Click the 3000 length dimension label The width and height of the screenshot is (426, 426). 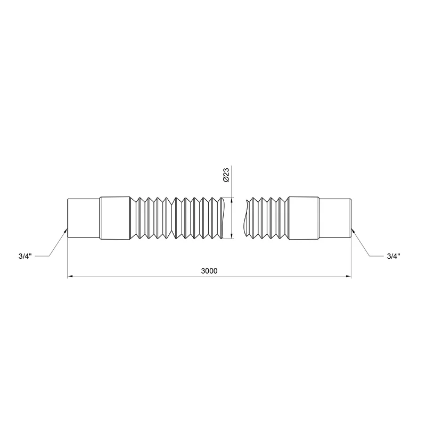click(209, 271)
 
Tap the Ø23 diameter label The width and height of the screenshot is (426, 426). click(226, 175)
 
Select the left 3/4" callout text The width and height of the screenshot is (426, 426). click(25, 256)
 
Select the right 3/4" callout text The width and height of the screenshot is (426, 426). click(394, 256)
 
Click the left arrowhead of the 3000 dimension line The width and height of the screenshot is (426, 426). click(70, 276)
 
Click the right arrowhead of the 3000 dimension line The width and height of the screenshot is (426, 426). click(348, 276)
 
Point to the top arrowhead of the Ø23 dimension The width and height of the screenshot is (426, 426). click(231, 200)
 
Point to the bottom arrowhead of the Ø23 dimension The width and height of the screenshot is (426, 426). click(231, 236)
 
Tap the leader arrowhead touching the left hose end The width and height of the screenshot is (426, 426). click(65, 231)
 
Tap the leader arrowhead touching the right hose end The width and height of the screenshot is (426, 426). click(353, 231)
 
